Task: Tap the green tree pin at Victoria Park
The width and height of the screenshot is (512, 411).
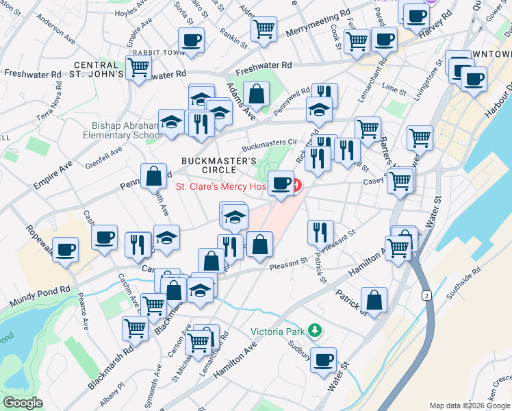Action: click(314, 331)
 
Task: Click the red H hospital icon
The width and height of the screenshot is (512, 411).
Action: click(296, 184)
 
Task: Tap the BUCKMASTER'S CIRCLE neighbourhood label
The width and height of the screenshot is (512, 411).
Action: click(218, 166)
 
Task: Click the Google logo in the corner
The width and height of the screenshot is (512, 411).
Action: click(23, 403)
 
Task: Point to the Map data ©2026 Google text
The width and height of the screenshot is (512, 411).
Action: click(470, 406)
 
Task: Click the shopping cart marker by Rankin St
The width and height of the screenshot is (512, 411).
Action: click(264, 29)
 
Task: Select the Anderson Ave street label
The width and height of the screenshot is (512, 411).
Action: click(55, 27)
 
